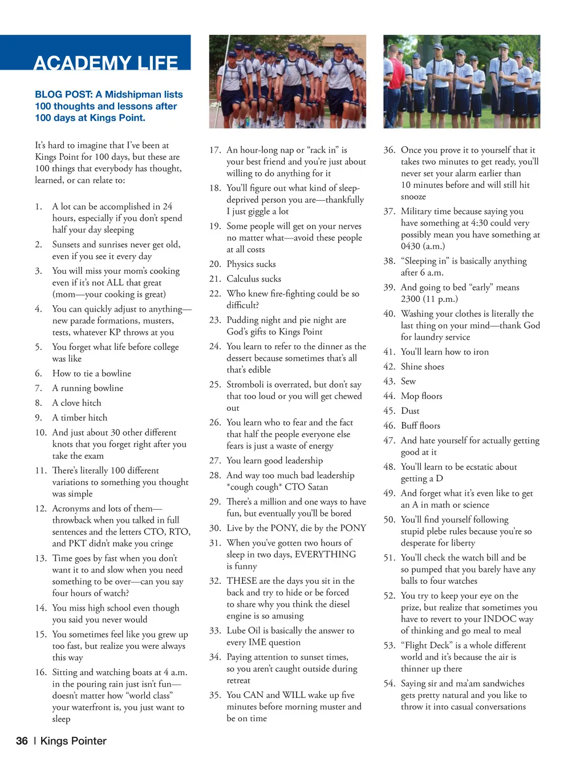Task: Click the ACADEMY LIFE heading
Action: [x=106, y=63]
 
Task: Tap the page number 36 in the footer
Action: [x=22, y=741]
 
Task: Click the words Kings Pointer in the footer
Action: [x=74, y=741]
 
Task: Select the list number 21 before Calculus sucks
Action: [x=214, y=279]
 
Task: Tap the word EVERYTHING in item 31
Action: [x=325, y=555]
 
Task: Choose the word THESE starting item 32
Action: [x=241, y=581]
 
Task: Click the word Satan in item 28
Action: [x=318, y=487]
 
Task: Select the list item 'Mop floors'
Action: [x=421, y=396]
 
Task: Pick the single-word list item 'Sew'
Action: [x=408, y=381]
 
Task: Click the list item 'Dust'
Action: [x=410, y=411]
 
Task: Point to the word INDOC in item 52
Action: [x=499, y=619]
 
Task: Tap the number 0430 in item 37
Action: [x=412, y=247]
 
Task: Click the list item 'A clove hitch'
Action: [x=76, y=403]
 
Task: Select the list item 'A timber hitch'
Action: [x=80, y=418]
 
